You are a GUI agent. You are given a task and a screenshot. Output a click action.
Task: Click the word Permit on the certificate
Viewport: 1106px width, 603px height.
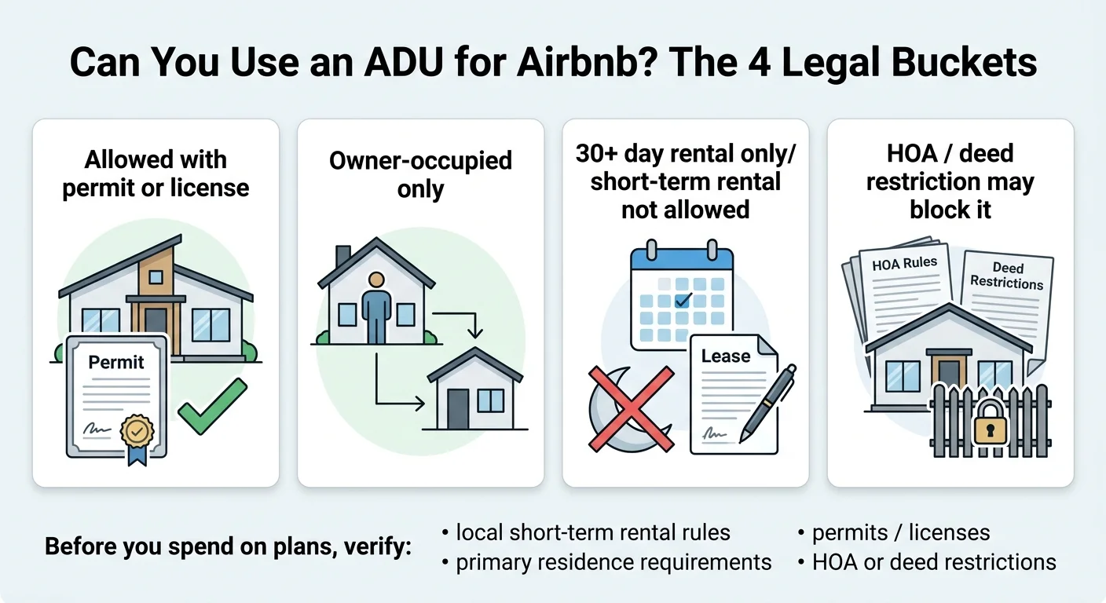click(x=115, y=362)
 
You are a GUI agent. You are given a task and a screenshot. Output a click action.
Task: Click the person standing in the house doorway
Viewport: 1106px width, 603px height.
click(x=376, y=306)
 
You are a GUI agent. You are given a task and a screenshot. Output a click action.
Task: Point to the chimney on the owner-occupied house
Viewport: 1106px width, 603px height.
click(x=343, y=258)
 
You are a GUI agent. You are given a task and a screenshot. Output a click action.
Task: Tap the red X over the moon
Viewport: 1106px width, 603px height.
click(x=631, y=408)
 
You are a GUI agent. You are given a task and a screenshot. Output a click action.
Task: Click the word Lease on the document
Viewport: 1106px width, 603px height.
click(x=725, y=356)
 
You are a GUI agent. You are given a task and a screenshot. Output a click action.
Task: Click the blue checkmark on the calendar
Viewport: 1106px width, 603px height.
click(x=683, y=299)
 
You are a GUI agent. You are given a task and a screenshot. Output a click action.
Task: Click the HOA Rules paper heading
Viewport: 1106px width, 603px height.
click(x=904, y=265)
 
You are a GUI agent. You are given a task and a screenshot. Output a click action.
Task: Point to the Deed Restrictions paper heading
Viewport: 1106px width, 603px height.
click(x=1006, y=276)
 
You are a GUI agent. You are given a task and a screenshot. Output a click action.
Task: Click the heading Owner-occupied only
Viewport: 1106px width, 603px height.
click(x=420, y=174)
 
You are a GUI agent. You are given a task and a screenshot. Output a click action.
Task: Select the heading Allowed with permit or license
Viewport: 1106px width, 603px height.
click(x=156, y=174)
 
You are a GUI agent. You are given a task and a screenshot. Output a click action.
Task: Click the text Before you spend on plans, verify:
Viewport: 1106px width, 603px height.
click(x=229, y=546)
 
